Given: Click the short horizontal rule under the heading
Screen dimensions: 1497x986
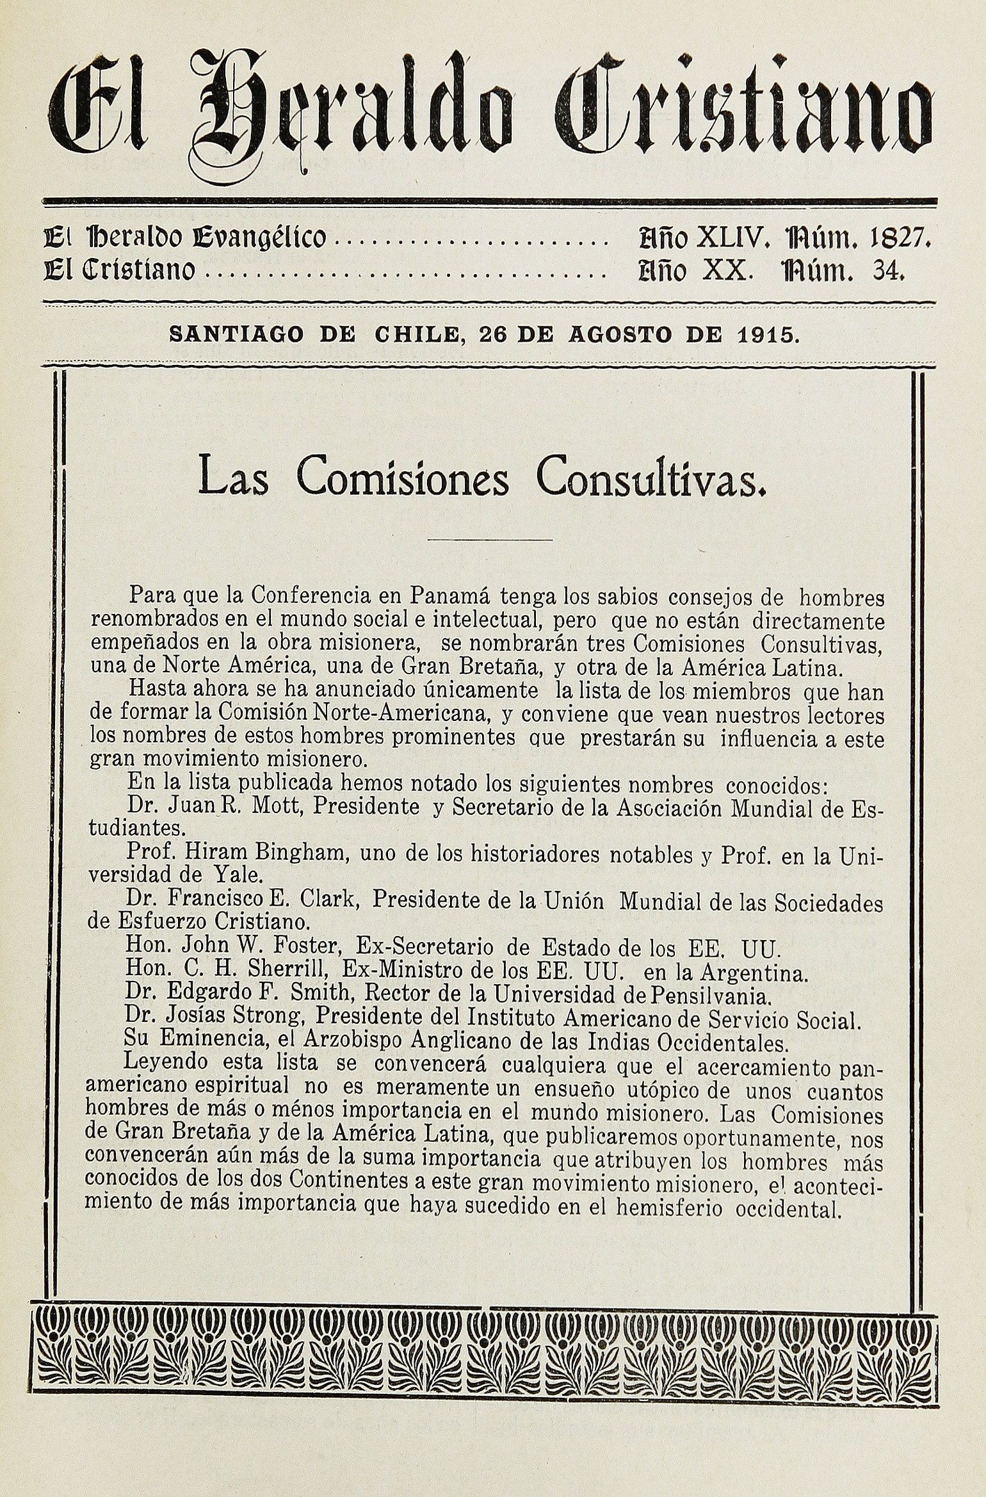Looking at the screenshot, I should [489, 541].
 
